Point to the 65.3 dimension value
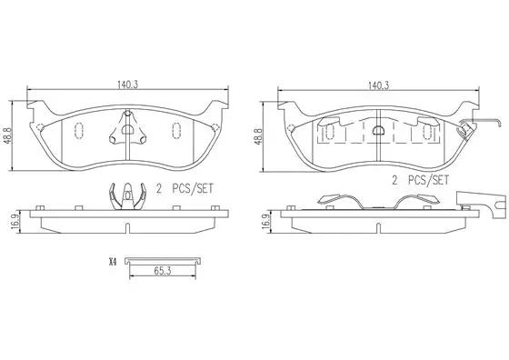[163, 270]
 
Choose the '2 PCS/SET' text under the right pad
[421, 181]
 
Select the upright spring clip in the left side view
[128, 195]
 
